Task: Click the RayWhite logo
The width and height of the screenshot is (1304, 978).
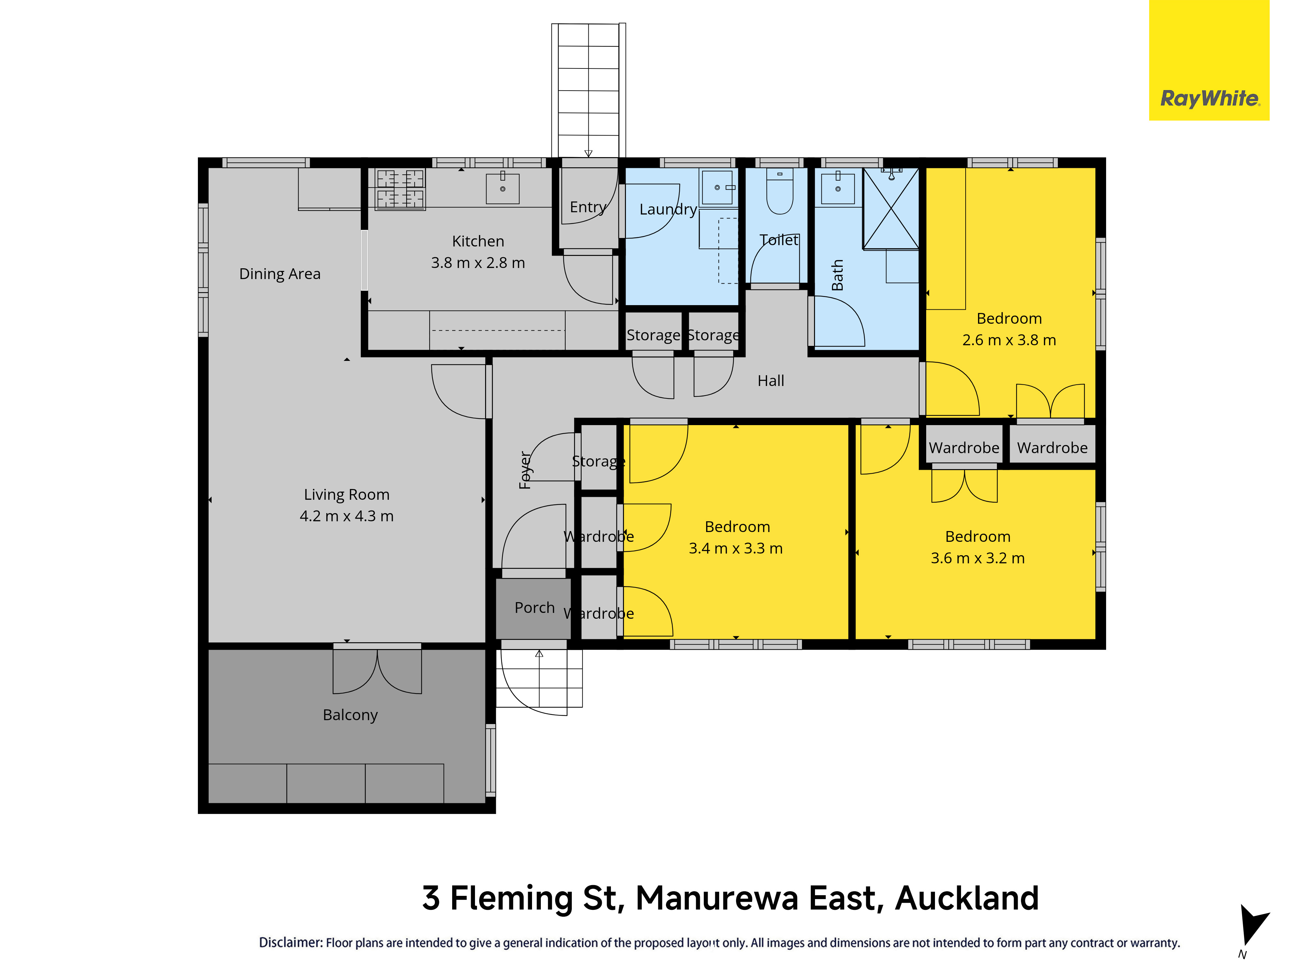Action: pos(1209,60)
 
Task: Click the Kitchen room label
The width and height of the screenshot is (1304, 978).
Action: pos(478,241)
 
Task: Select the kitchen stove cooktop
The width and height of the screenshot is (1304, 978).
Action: pos(400,189)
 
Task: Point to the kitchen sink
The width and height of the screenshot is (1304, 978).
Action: pos(503,188)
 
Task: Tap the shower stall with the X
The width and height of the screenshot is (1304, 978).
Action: pos(891,208)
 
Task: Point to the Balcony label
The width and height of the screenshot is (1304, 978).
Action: pos(350,715)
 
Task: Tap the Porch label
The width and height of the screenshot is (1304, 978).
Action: pos(535,607)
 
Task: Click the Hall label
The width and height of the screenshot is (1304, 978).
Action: pos(770,381)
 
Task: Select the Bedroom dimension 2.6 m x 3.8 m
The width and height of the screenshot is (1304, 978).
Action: pos(1009,340)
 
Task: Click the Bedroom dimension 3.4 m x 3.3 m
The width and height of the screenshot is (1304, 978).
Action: pos(736,548)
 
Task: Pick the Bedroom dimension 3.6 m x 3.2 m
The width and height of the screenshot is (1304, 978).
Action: pos(978,558)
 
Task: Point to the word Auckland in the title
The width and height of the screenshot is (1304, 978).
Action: pos(967,898)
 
